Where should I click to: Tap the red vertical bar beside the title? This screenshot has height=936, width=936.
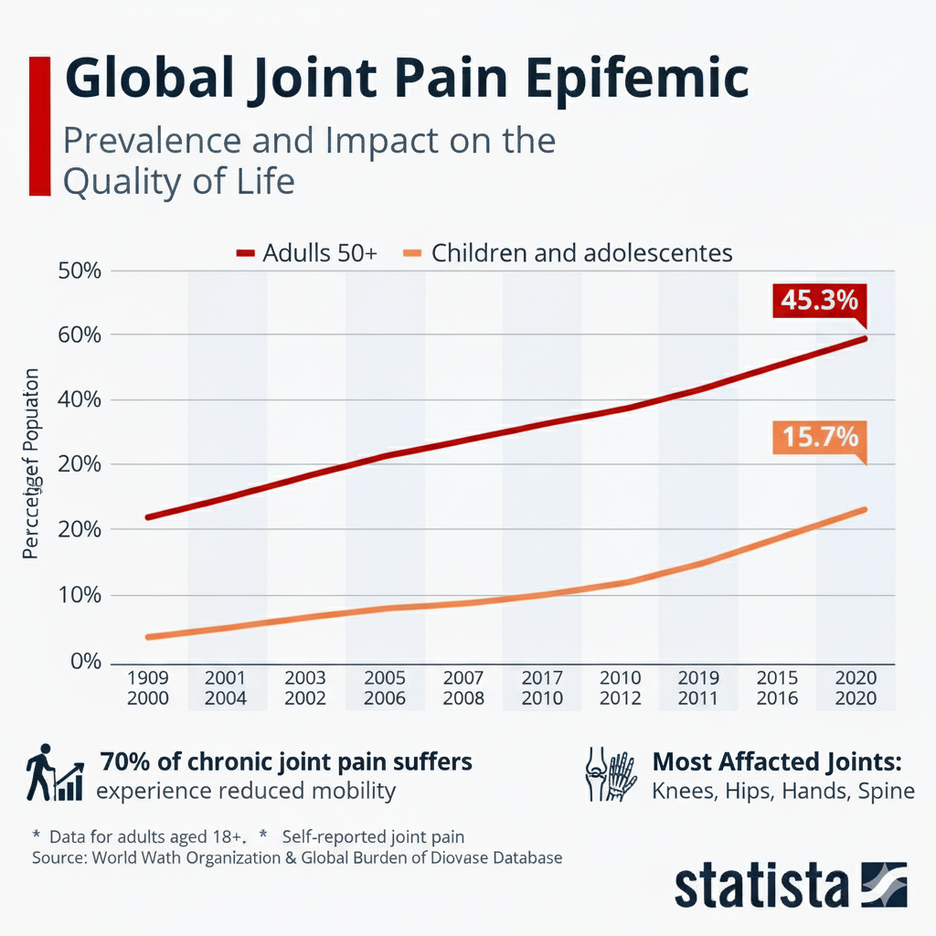click(x=39, y=125)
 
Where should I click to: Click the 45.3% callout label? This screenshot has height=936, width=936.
click(x=819, y=300)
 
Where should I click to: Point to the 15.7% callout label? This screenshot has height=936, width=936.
click(x=819, y=437)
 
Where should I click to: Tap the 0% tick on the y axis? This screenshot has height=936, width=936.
click(x=83, y=661)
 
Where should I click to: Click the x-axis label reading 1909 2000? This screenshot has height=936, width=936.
click(x=147, y=688)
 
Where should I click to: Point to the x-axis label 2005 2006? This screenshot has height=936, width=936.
click(x=384, y=688)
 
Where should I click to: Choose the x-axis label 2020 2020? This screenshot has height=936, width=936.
click(x=856, y=688)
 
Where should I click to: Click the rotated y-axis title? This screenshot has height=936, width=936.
click(x=31, y=464)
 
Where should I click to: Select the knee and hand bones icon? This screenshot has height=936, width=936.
click(x=608, y=774)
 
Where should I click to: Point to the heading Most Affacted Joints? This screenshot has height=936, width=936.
click(x=777, y=761)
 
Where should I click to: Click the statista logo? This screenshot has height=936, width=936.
click(x=790, y=884)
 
